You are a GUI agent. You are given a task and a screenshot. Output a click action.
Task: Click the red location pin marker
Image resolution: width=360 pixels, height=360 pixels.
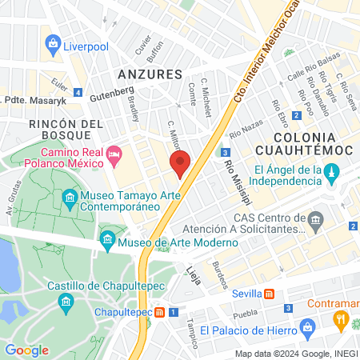tap(181, 163)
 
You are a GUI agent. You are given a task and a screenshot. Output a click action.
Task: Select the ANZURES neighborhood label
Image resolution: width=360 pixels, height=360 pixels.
tap(150, 74)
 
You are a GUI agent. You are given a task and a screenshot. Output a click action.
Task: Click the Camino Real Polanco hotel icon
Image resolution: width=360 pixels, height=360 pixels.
tap(114, 152)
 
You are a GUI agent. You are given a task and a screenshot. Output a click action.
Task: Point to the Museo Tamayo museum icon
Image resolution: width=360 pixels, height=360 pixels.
tap(70, 197)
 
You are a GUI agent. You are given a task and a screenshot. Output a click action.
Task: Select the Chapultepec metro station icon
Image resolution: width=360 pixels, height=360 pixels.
tap(161, 311)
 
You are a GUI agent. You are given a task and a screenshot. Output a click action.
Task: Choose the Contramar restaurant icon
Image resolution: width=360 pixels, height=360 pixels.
tap(342, 320)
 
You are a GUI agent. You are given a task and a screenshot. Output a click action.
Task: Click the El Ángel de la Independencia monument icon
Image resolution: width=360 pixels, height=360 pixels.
tap(334, 170)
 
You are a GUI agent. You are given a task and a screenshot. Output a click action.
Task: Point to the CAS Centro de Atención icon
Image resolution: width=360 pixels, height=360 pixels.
tap(316, 218)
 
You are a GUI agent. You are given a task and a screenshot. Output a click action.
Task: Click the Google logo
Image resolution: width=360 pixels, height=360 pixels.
tap(27, 350)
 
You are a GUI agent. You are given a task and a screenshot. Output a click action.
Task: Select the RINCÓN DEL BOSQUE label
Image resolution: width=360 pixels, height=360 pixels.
tap(66, 131)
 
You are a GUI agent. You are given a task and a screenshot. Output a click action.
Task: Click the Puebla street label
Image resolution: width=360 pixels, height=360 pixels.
tap(245, 314)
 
